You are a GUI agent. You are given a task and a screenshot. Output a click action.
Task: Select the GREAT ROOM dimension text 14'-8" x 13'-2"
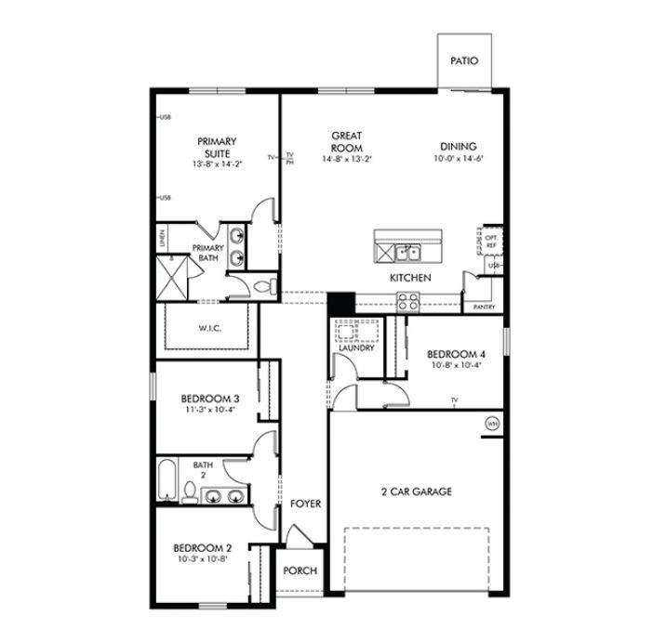[x=346, y=159]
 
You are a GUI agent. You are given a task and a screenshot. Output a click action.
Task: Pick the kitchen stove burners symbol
[x=407, y=299]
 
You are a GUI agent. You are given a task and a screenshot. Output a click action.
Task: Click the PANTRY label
[x=484, y=307]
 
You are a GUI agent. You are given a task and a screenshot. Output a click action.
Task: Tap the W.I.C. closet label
[x=208, y=328]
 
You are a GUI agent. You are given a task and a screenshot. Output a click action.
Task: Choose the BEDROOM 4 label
[x=456, y=354]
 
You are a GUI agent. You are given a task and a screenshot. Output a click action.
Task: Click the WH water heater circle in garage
[x=491, y=425]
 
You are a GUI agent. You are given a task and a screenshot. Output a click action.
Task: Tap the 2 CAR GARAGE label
[x=416, y=491]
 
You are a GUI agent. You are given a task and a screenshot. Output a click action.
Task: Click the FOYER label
[x=305, y=504]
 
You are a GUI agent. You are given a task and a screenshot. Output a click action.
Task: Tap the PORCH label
[x=300, y=571]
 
